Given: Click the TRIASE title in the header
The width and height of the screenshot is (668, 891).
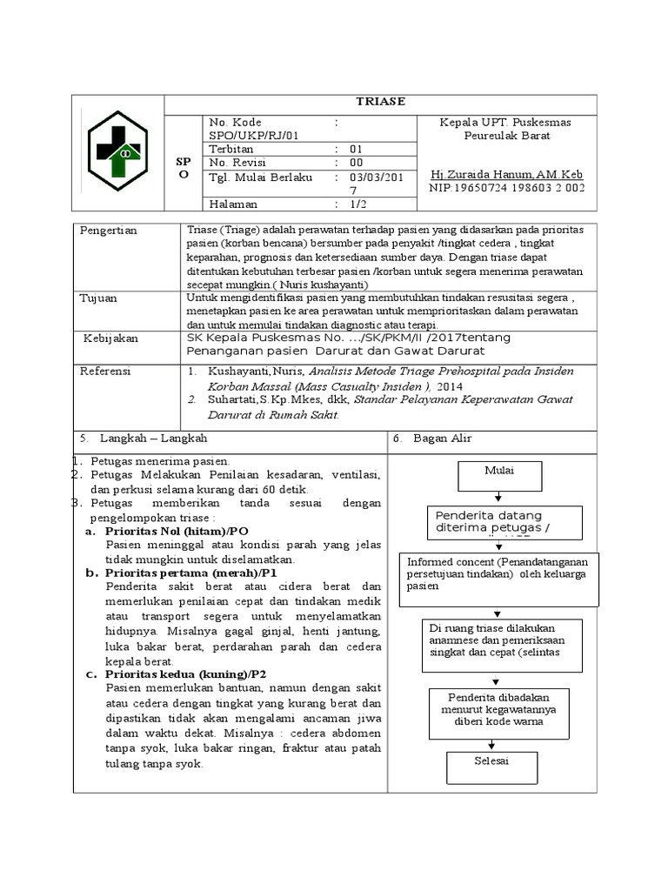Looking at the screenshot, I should coord(380,102).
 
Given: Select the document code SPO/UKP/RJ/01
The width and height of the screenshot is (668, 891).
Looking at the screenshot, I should coord(253,135).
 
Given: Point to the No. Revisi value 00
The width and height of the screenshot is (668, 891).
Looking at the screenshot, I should coord(357,163).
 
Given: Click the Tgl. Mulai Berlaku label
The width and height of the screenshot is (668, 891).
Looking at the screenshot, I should coord(260,177).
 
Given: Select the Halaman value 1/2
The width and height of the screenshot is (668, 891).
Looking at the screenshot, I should coord(357,204).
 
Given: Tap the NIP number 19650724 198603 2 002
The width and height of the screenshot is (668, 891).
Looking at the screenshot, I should coord(506,187).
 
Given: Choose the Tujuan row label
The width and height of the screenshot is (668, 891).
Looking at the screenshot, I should coord(99,298).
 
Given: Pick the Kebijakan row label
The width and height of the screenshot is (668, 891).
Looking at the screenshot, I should coord(114,338).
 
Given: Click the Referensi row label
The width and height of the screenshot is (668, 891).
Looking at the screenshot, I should coord(105,371).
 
